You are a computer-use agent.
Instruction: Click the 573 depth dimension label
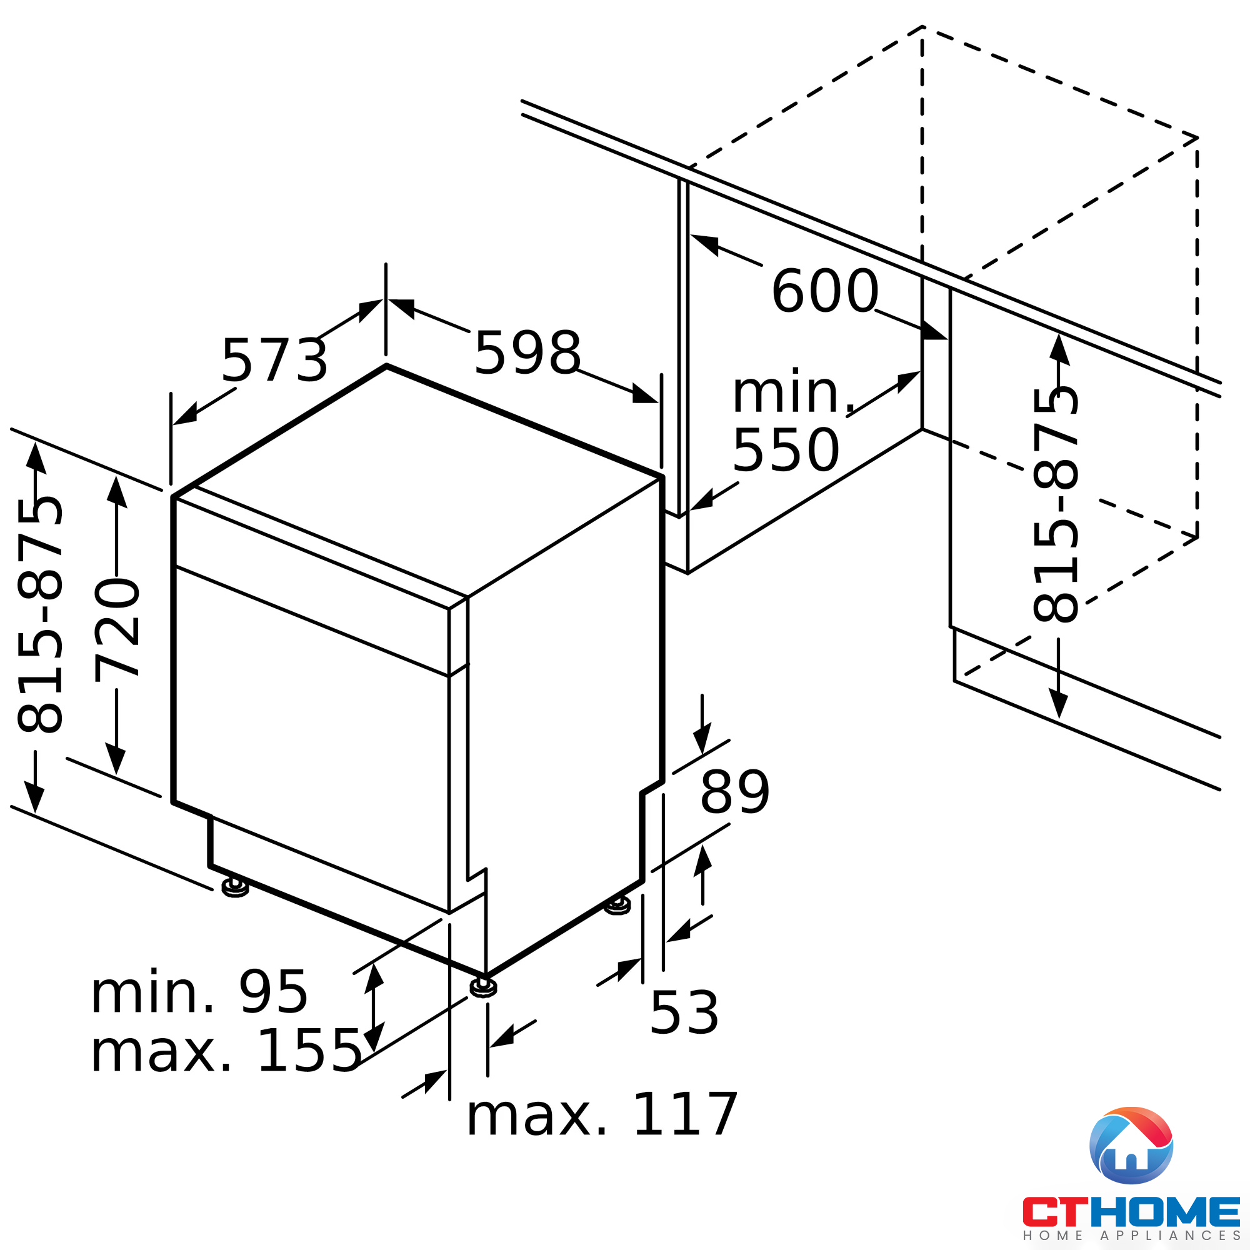click(274, 361)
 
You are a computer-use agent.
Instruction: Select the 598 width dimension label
click(527, 353)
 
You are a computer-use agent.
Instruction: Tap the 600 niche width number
click(825, 292)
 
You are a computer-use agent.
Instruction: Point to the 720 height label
click(117, 631)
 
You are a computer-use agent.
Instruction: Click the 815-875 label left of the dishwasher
click(40, 615)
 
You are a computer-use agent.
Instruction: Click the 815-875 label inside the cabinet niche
click(1056, 504)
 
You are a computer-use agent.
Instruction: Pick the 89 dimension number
click(735, 793)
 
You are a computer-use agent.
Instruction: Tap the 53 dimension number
click(684, 1013)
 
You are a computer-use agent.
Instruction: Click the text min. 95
click(199, 993)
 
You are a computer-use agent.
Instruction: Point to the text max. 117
click(602, 1115)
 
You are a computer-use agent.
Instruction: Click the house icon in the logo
click(1131, 1146)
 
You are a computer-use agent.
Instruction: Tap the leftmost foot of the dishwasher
click(235, 888)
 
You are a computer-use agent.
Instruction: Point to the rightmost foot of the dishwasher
click(617, 906)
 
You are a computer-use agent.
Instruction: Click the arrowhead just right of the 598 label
click(644, 394)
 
